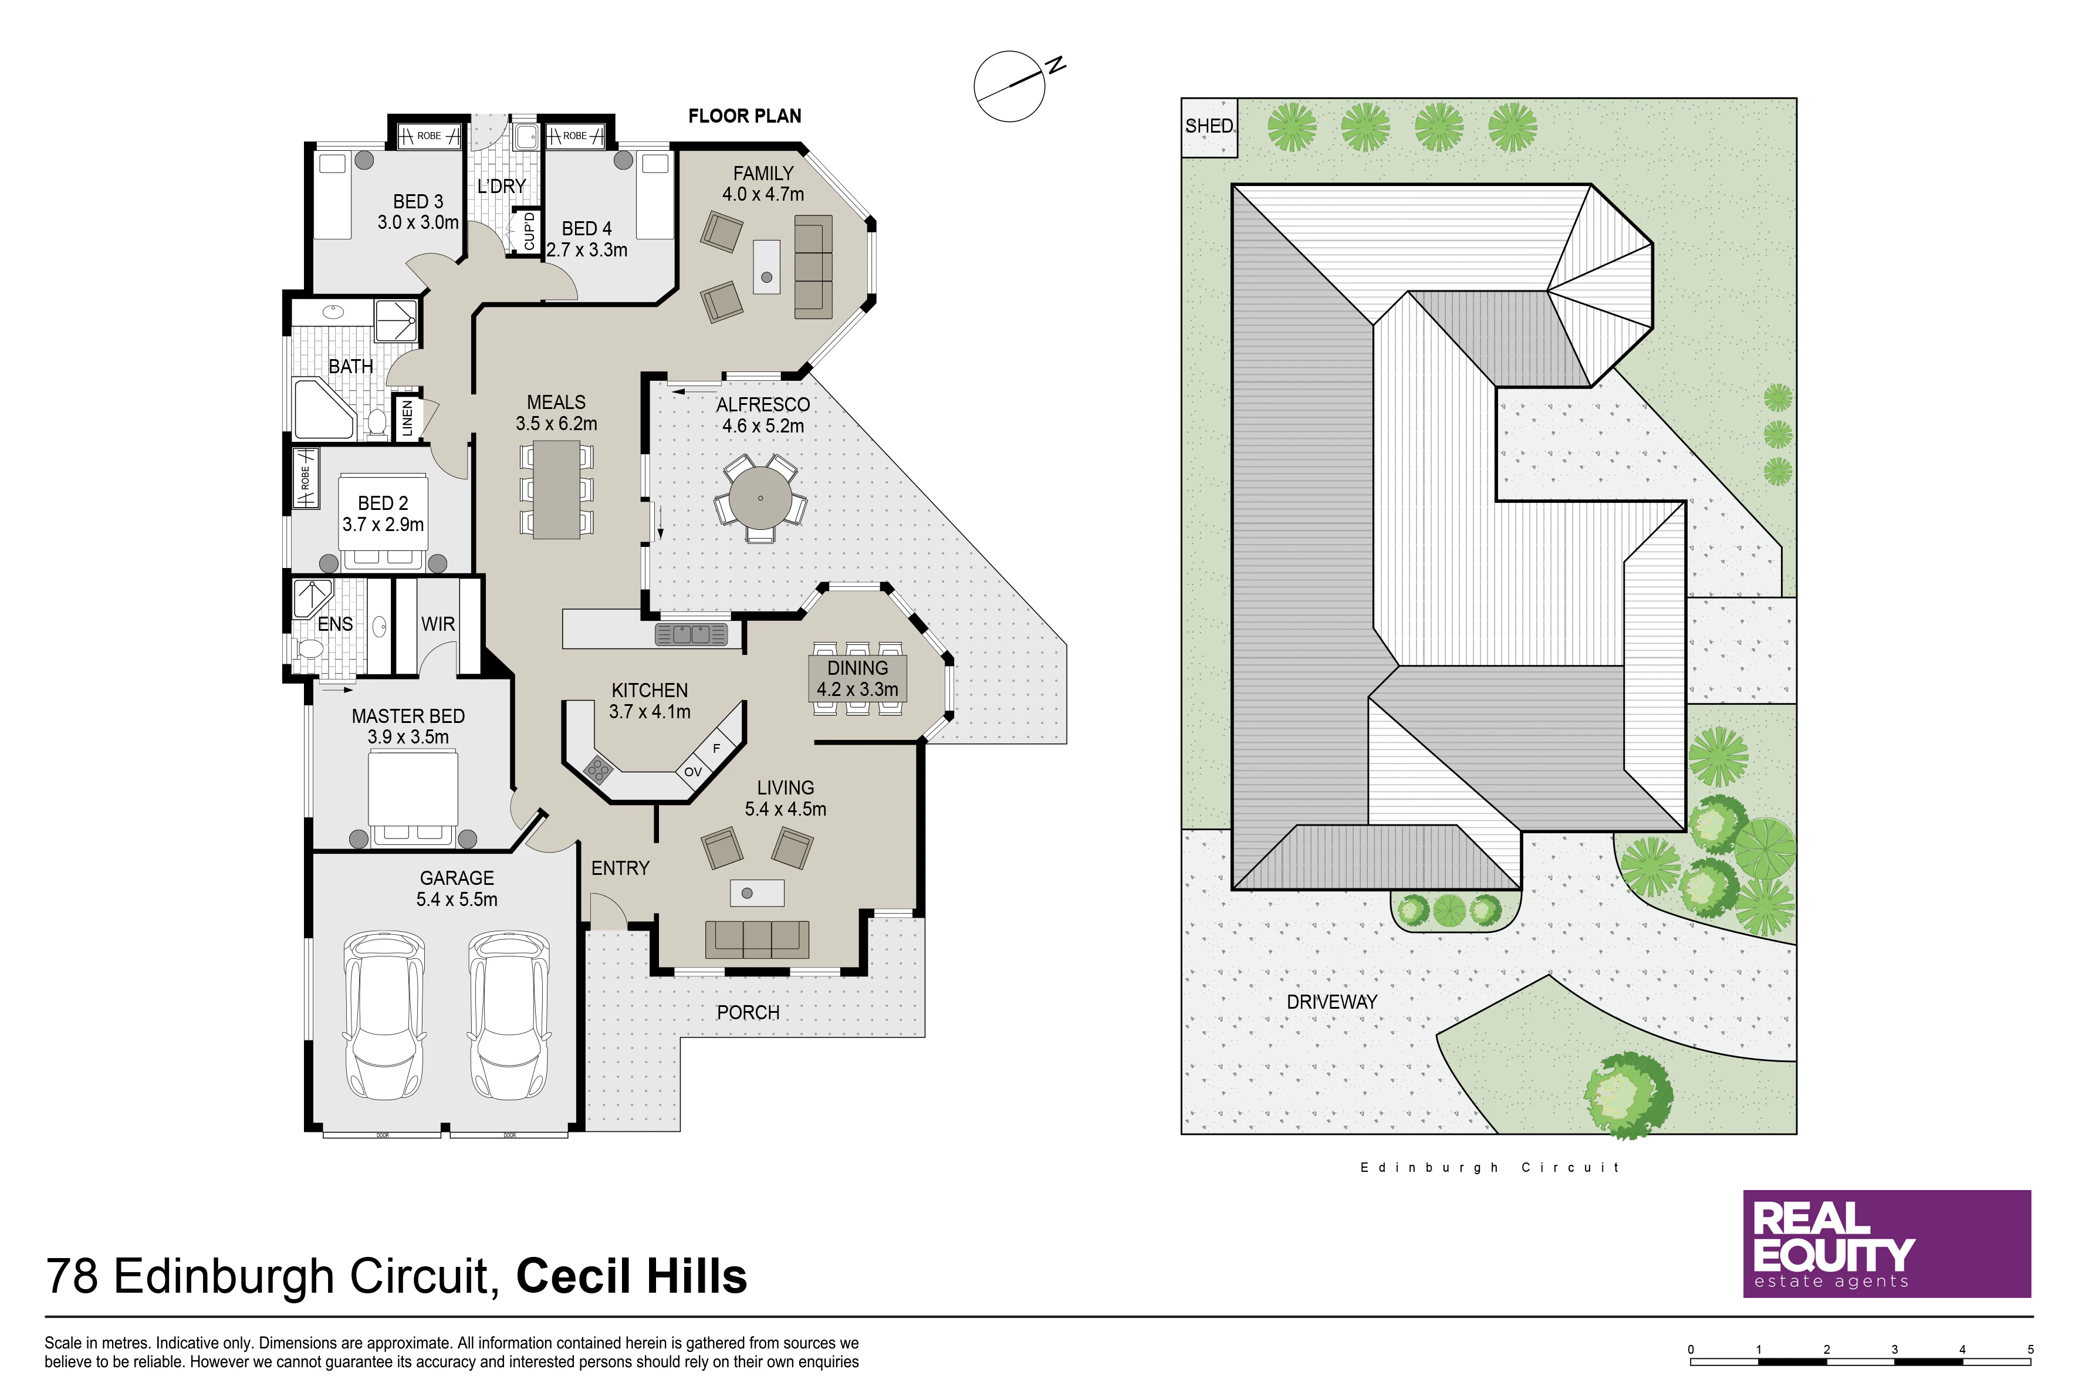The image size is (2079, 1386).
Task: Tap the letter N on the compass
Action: [1056, 65]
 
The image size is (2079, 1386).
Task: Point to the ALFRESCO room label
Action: [763, 405]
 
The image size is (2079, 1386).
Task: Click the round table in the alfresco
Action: [760, 498]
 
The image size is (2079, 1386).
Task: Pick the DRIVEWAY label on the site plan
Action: [1332, 1002]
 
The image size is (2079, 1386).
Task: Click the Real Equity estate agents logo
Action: [1887, 1243]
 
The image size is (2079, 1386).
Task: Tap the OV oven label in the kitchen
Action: [693, 772]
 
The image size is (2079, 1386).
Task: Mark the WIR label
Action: [438, 624]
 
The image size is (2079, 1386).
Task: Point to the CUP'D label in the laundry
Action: [529, 231]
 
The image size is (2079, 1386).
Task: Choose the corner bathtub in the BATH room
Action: [323, 408]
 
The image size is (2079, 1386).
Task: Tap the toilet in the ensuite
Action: [311, 650]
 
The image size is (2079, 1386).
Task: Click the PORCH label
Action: [748, 1013]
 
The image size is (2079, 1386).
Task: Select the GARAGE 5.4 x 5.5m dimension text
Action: [457, 900]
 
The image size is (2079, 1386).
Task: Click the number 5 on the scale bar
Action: [2030, 1350]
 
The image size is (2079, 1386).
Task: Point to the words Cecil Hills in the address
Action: [631, 1276]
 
